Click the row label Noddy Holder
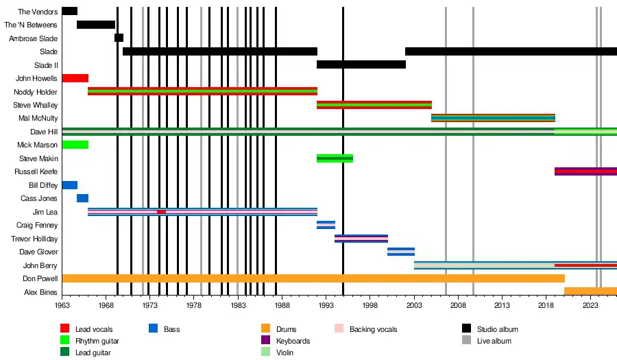36,92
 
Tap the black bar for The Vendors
69,11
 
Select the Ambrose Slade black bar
119,38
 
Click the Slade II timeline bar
361,64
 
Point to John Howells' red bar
75,78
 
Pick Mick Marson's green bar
75,145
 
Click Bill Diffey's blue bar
69,185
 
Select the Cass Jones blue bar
82,198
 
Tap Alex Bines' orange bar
590,291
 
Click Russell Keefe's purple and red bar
585,171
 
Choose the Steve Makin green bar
335,158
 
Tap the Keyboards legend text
293,341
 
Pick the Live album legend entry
494,341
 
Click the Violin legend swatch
267,352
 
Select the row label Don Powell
39,279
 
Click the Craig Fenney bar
326,225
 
